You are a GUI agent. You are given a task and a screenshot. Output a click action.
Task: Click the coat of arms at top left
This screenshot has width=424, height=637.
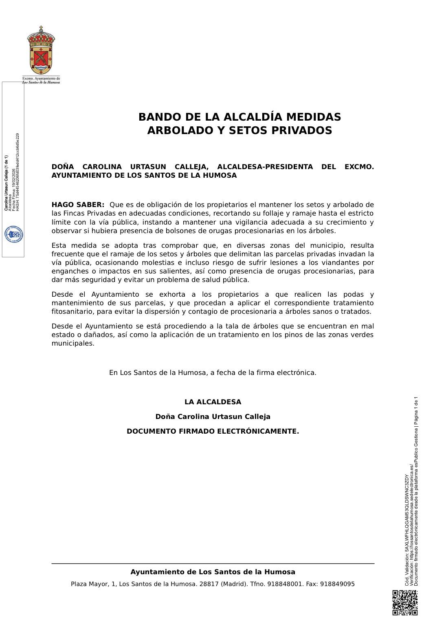coord(41,51)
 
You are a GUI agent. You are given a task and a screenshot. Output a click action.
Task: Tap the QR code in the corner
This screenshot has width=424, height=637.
coord(405,602)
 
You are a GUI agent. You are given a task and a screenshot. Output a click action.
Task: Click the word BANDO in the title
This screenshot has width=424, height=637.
coord(160,117)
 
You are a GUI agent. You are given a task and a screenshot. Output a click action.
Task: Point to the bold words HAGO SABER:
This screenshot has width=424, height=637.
coord(78,205)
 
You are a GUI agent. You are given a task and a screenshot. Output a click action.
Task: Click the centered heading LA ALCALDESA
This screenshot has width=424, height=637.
coord(213,402)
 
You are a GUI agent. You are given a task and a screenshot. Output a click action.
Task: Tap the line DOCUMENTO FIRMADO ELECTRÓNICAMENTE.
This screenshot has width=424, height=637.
coord(213,431)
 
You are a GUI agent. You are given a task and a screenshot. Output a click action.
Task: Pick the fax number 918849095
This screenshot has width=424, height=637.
coord(337,584)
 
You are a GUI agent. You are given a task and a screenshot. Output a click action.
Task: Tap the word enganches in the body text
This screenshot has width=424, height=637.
coord(68,271)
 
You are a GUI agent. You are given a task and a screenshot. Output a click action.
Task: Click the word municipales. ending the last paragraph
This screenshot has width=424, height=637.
coord(73,344)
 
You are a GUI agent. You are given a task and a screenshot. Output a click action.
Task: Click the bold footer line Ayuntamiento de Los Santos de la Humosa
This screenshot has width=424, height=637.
coord(213,572)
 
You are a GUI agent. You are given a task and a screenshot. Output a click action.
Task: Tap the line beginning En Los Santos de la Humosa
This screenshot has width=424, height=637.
coord(213,373)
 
